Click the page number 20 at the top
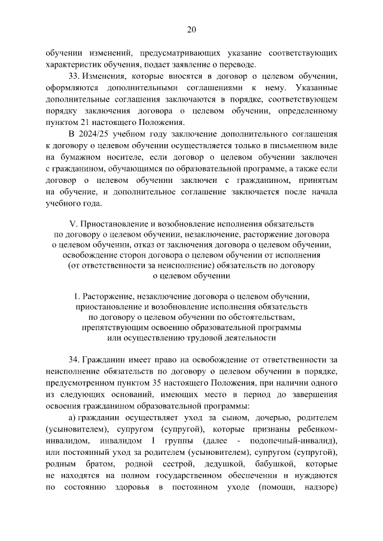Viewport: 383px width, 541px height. [x=191, y=29]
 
